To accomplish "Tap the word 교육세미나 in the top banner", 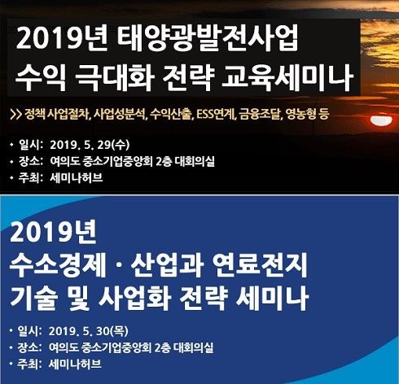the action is coord(287,76).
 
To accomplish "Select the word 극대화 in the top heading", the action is coord(115,77).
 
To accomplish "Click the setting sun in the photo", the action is coord(381,120).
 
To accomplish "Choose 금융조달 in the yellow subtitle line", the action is coord(260,115).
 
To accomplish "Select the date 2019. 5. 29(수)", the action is coord(90,145).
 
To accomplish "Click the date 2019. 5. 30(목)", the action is coord(89,331).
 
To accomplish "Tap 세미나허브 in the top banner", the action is coord(77,178).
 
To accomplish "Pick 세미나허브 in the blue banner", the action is coord(75,364).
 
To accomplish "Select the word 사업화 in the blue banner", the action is coord(134,298).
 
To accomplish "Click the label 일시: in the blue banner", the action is coord(29,331).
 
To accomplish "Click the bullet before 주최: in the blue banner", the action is coord(11,364).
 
